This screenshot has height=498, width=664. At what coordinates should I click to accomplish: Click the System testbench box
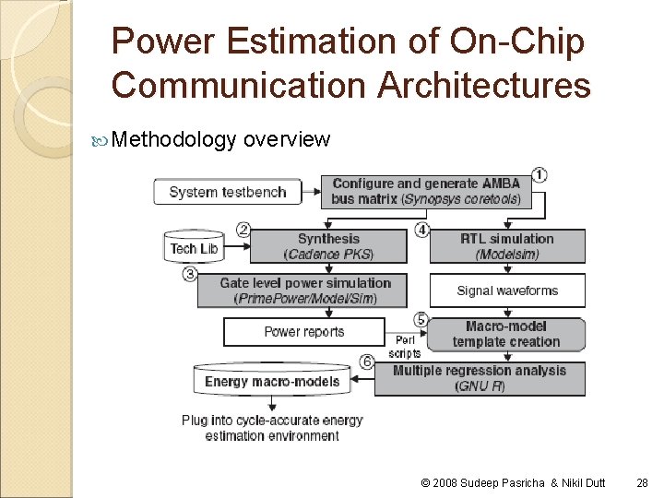point(228,193)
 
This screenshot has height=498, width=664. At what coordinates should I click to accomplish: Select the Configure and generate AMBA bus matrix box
point(426,192)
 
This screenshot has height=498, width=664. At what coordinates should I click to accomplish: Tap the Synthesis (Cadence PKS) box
point(328,246)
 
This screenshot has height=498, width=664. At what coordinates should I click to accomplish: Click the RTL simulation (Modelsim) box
point(506,246)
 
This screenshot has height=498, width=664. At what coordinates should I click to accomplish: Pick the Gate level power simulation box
point(302,290)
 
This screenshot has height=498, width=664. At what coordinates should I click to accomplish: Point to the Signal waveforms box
point(506,290)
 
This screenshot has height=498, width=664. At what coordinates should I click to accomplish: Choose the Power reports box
point(304,332)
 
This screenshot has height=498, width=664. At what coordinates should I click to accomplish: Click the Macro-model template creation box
point(506,334)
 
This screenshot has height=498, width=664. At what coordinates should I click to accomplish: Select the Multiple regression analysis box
point(480,378)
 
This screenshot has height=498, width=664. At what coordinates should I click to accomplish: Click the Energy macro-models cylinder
point(272,381)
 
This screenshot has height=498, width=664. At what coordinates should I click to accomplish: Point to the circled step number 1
point(539,174)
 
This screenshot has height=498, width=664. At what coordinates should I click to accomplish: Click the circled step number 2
point(243,230)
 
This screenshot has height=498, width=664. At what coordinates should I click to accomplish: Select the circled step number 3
point(190,274)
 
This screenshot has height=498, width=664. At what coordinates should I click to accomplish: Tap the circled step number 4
point(421,230)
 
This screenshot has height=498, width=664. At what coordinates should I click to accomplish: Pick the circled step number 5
point(421,319)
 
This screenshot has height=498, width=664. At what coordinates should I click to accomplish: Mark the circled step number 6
point(367,362)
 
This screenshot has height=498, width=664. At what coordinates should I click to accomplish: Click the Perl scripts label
point(404,347)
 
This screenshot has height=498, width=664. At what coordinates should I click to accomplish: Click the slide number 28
point(642,483)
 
